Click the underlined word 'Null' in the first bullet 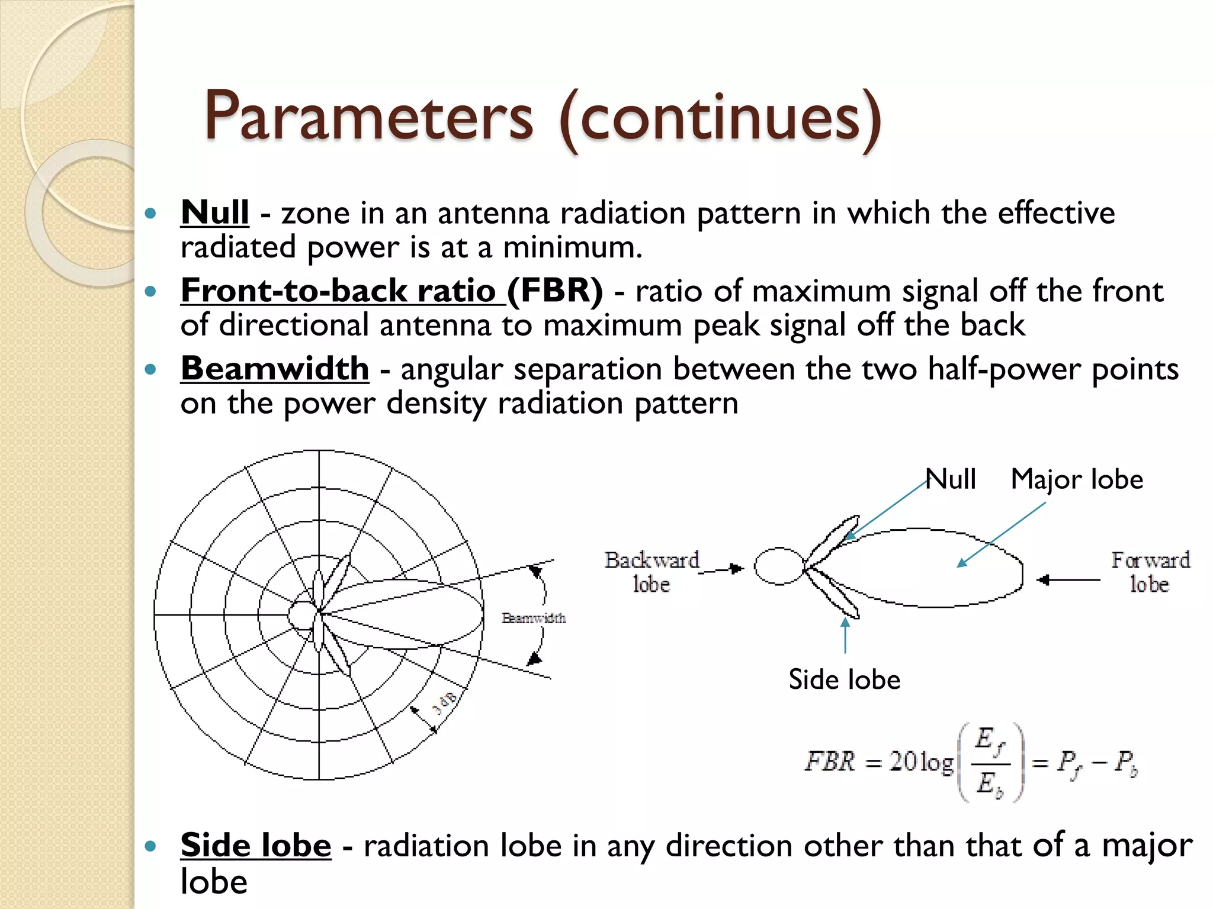pos(214,212)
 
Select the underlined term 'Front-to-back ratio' pos(342,291)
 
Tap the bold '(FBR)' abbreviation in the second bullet pos(555,291)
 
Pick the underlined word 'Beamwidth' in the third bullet pos(275,369)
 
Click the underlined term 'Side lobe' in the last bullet pos(256,844)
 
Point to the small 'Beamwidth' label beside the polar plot pos(534,618)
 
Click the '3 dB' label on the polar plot pos(445,702)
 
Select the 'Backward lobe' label pos(652,572)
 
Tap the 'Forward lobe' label pos(1150,572)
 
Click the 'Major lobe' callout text pos(1076,479)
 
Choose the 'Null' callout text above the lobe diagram pos(951,479)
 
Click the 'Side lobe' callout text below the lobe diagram pos(844,679)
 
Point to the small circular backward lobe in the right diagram pos(778,566)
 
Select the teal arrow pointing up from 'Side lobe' pos(845,635)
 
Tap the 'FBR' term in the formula pos(830,761)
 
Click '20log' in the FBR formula pos(921,761)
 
